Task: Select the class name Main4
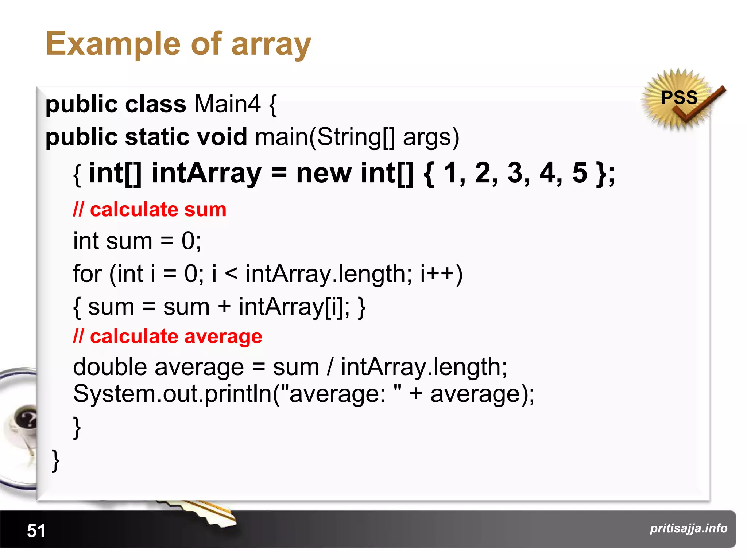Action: click(227, 104)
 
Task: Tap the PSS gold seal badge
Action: click(679, 98)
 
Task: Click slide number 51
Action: click(36, 530)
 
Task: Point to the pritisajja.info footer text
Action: click(688, 528)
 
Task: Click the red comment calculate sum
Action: click(150, 210)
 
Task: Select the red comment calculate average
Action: click(167, 336)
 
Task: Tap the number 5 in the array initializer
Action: click(580, 173)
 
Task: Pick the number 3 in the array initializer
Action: click(515, 173)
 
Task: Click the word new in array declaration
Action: click(324, 173)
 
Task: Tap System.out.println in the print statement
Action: click(172, 394)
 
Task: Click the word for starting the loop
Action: click(87, 274)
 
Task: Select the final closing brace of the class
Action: click(55, 460)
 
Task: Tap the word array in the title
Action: click(271, 44)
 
